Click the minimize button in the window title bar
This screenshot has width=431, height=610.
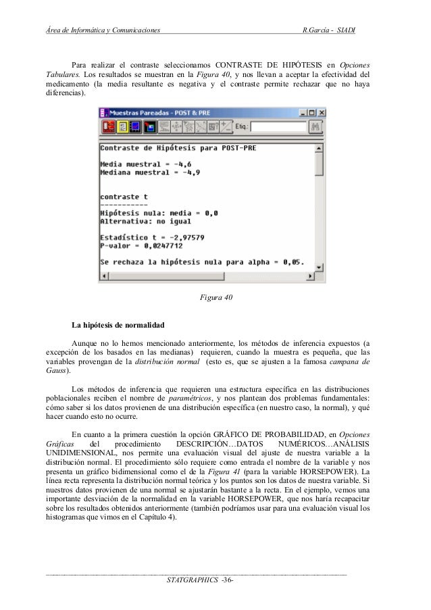tap(301, 112)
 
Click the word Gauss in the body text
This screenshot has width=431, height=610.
tap(56, 371)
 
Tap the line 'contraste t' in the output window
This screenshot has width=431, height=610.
tap(124, 196)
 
